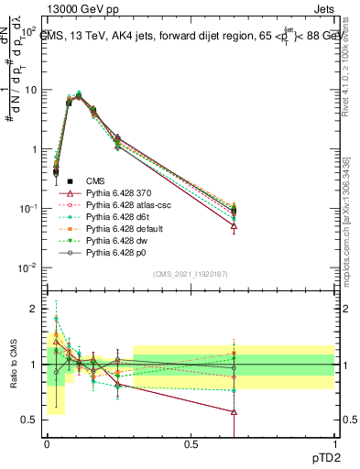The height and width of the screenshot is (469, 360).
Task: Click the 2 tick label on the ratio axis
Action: pos(37,309)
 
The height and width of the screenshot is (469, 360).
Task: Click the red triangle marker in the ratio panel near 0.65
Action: pos(235,412)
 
